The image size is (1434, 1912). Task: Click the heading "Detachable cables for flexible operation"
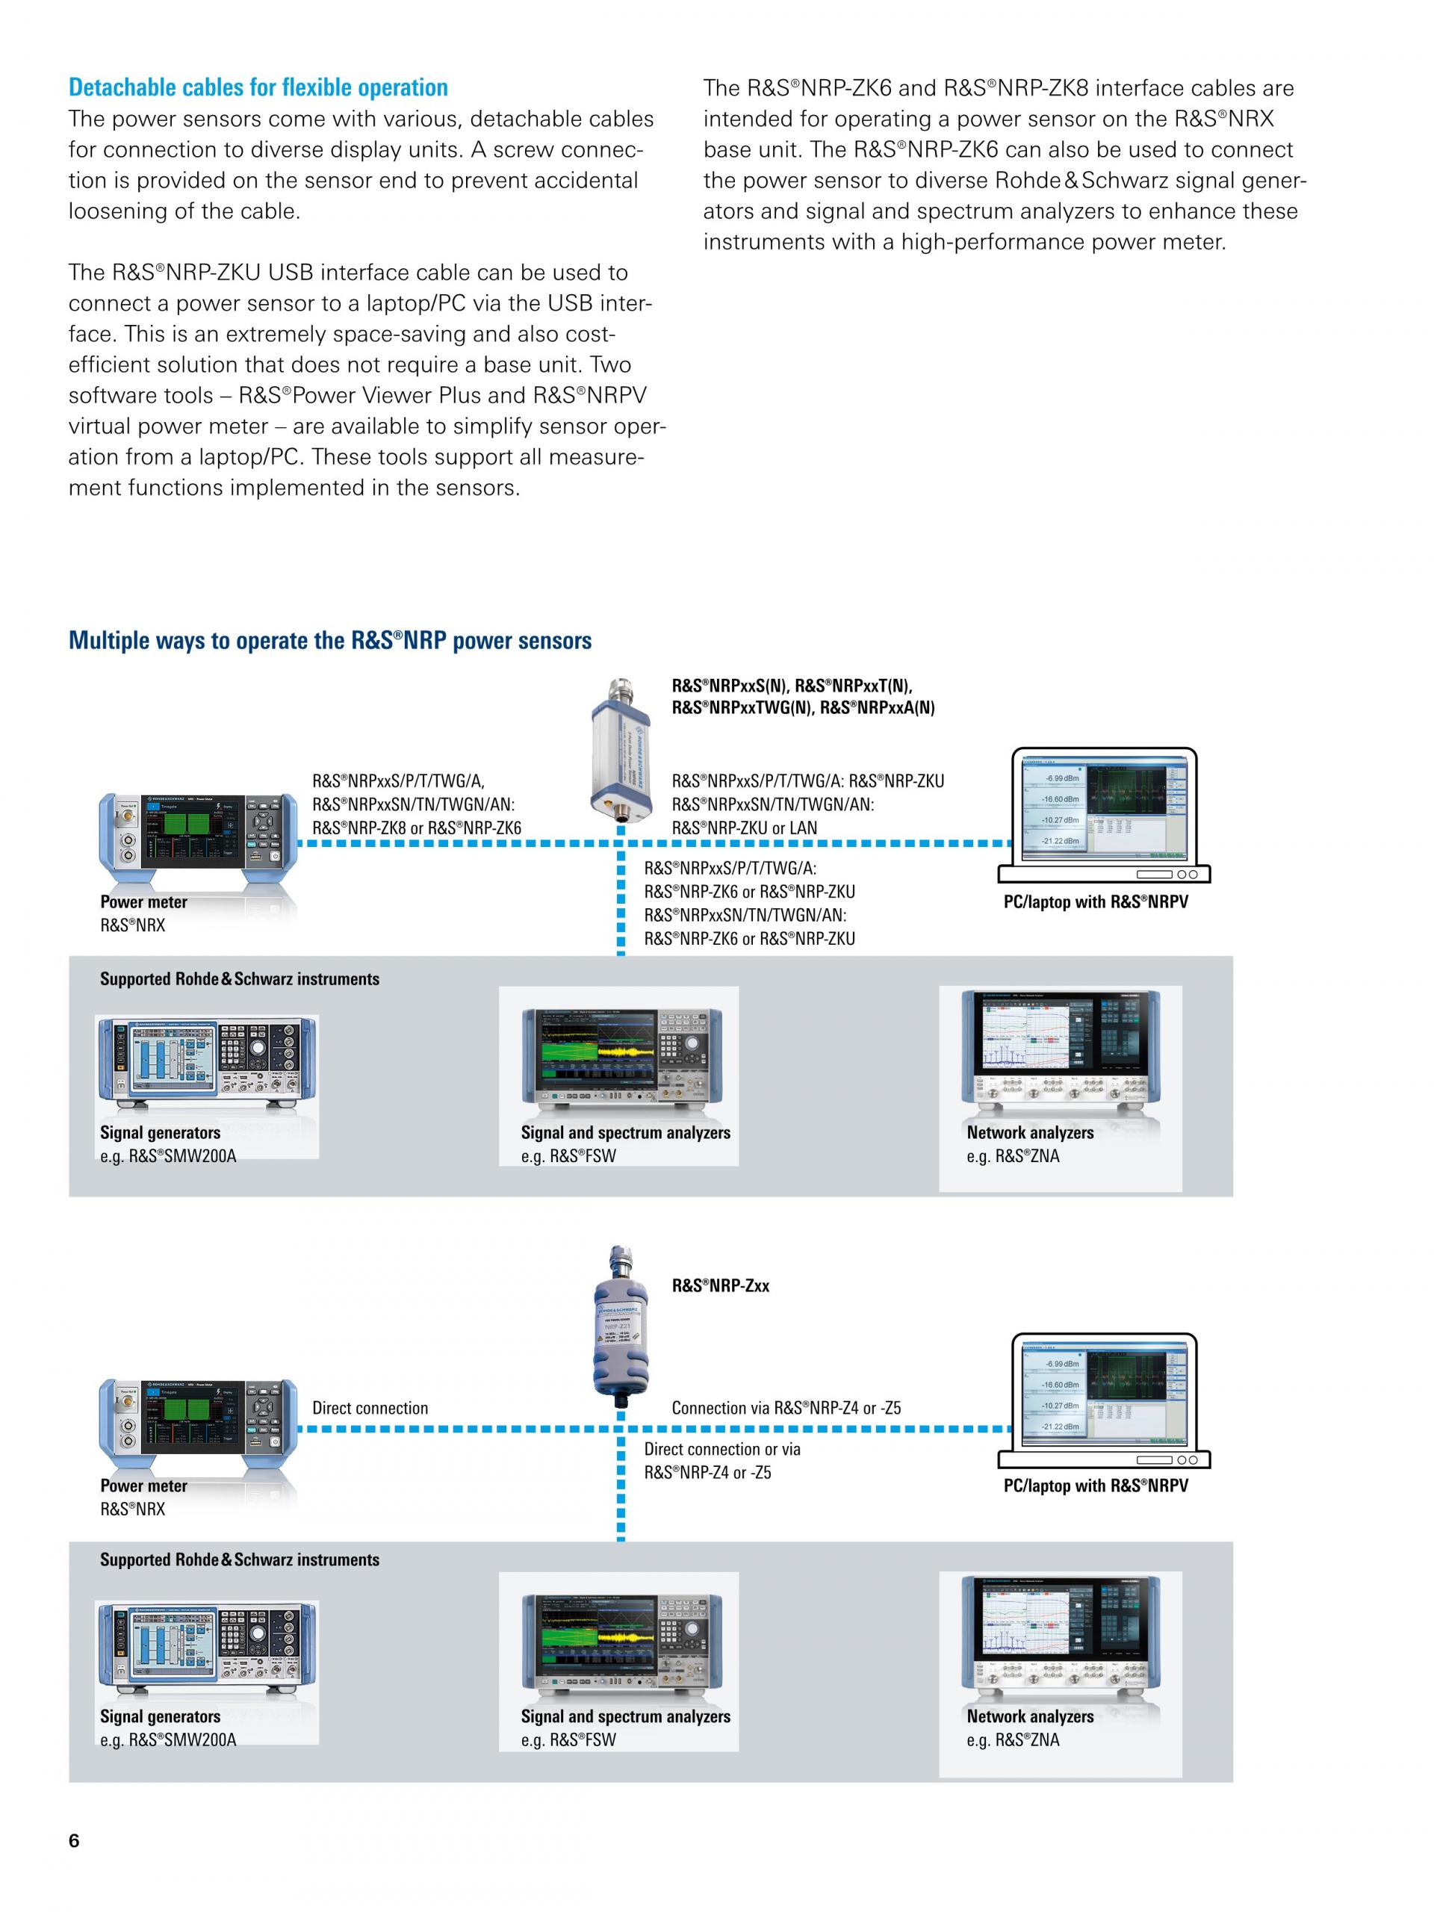tap(258, 87)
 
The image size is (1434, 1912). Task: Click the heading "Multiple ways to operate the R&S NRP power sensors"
tap(329, 641)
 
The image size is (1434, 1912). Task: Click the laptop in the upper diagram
tap(1104, 813)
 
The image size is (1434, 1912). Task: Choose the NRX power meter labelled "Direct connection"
tap(199, 1422)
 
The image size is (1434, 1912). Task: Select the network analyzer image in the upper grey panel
tap(1061, 1054)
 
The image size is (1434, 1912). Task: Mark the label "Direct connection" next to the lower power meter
tap(370, 1408)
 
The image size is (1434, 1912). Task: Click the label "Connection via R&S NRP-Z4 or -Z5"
tap(786, 1408)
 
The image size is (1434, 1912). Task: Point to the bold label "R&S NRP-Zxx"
tap(720, 1285)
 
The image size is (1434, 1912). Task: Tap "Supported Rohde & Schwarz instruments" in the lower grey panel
tap(240, 1560)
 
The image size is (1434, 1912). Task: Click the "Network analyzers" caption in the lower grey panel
tap(1029, 1716)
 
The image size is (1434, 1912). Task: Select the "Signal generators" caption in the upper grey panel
tap(160, 1132)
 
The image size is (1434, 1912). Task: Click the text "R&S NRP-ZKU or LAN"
tap(744, 828)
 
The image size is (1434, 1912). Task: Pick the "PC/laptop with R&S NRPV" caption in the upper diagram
tap(1095, 902)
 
